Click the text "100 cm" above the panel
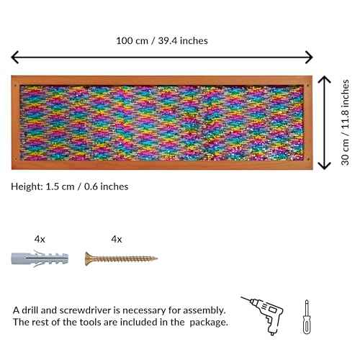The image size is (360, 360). point(132,40)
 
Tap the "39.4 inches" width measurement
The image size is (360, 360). point(183,40)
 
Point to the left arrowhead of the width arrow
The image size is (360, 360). point(15,57)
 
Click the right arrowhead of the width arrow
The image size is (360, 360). point(309,57)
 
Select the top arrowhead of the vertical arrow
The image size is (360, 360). point(324,79)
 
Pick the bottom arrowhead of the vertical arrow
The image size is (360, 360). point(324,166)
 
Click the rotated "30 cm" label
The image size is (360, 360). point(345,152)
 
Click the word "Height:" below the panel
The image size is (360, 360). point(27,186)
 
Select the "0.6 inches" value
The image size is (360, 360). point(106,186)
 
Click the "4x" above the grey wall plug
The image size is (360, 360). point(40,239)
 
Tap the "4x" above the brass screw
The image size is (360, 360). point(117,239)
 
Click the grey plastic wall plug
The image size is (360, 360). point(40,258)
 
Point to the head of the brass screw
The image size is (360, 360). point(88,258)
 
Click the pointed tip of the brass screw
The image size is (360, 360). point(157,258)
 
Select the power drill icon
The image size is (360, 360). point(262,315)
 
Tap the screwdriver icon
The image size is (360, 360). point(307,317)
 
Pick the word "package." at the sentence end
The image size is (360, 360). point(209,323)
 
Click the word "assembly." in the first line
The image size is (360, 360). point(204,311)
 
